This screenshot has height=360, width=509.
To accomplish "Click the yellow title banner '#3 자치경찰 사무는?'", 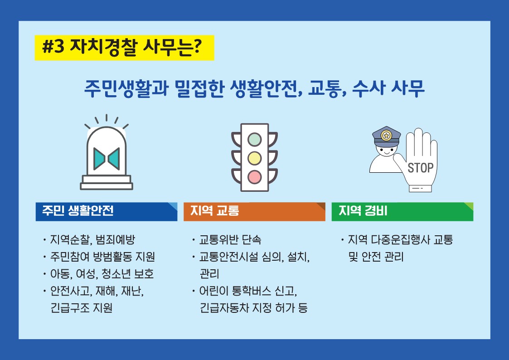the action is pyautogui.click(x=124, y=48).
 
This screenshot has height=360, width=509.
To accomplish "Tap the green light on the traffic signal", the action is pyautogui.click(x=255, y=139).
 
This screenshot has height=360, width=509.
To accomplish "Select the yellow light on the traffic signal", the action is pyautogui.click(x=255, y=158).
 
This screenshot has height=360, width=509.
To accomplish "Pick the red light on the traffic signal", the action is pyautogui.click(x=255, y=177).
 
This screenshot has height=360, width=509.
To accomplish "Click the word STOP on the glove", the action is pyautogui.click(x=420, y=168).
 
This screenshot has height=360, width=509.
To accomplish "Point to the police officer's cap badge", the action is pyautogui.click(x=386, y=136).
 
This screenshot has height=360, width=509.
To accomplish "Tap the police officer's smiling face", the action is pyautogui.click(x=386, y=151).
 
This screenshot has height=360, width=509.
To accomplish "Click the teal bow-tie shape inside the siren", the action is pyautogui.click(x=107, y=159).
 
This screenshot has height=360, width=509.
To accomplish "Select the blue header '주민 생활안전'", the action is pyautogui.click(x=107, y=212).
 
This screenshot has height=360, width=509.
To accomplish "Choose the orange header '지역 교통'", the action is pyautogui.click(x=255, y=212).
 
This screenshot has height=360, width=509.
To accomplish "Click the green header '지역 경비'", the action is pyautogui.click(x=402, y=212).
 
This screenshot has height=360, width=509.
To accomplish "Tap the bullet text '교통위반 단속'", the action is pyautogui.click(x=230, y=239).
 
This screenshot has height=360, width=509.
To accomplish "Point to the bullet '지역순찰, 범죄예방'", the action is pyautogui.click(x=92, y=239).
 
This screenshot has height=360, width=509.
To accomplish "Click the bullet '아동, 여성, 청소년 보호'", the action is pyautogui.click(x=102, y=274).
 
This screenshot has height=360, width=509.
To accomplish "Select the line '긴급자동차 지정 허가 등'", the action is pyautogui.click(x=253, y=308).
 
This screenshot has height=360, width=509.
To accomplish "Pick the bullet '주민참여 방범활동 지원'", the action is pyautogui.click(x=102, y=257).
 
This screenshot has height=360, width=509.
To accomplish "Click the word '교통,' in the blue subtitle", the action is pyautogui.click(x=328, y=88).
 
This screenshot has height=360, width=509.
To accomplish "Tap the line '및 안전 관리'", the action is pyautogui.click(x=376, y=257).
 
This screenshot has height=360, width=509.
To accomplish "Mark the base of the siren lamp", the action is pyautogui.click(x=107, y=182).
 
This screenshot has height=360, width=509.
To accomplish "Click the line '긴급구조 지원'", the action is pyautogui.click(x=82, y=308).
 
